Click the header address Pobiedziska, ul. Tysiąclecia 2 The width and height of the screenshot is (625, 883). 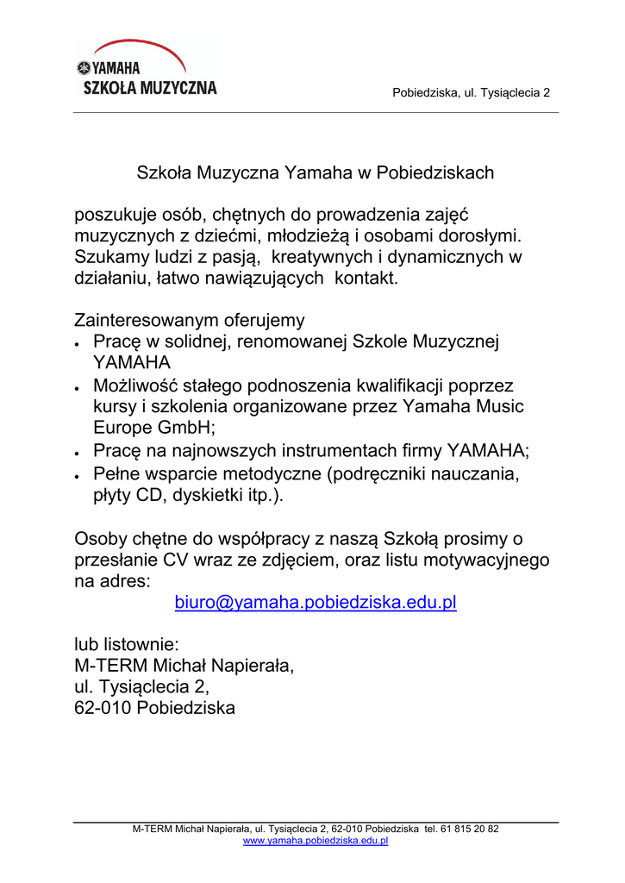(471, 93)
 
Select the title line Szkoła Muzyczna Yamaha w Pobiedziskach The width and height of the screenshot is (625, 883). (316, 172)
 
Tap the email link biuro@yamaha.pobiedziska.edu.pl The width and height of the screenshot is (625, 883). (315, 603)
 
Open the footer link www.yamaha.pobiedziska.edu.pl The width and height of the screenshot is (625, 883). (316, 841)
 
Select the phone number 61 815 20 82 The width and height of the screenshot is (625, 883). (469, 829)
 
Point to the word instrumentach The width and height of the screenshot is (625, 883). (362, 450)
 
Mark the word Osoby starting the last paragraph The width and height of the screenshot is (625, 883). (99, 540)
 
